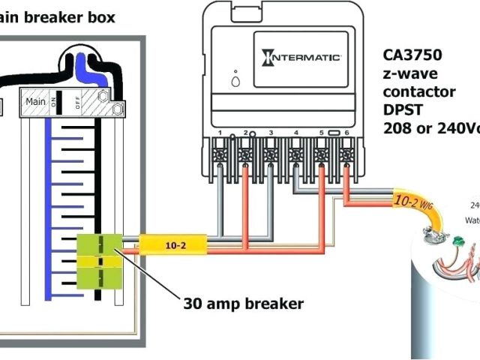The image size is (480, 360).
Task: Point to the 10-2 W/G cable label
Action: (x=410, y=202)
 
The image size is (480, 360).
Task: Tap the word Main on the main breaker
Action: (x=35, y=100)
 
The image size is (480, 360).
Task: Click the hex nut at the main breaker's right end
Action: (x=116, y=108)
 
